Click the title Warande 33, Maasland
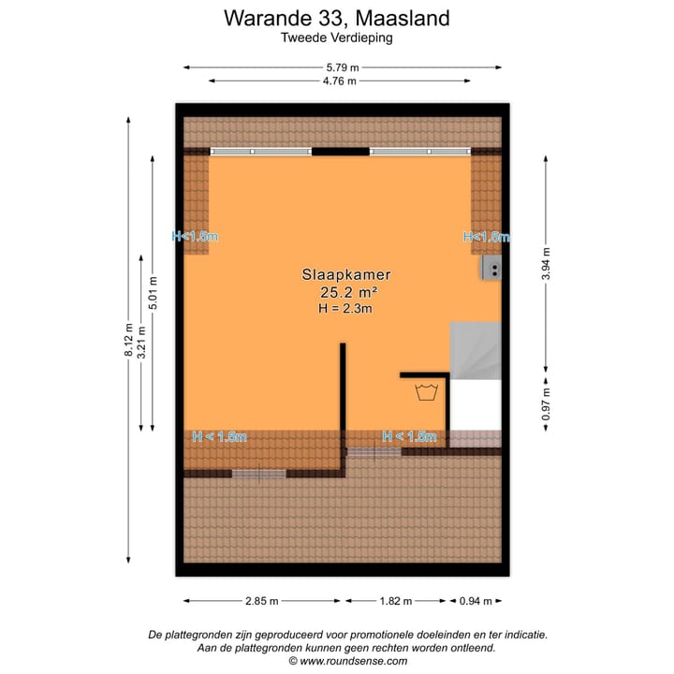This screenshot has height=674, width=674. click(x=336, y=18)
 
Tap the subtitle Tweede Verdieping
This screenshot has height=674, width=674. click(x=336, y=38)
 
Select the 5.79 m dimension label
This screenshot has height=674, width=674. click(x=342, y=67)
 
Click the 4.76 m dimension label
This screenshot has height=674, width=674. click(x=340, y=81)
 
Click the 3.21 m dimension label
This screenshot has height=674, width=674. click(x=142, y=342)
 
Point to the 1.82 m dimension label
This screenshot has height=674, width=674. click(x=396, y=601)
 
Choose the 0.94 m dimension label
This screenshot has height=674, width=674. click(x=476, y=601)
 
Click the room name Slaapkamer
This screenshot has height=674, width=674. click(x=345, y=275)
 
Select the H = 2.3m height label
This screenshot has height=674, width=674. click(x=345, y=308)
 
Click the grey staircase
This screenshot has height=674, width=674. click(x=475, y=350)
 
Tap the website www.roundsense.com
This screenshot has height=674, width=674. click(x=347, y=661)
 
